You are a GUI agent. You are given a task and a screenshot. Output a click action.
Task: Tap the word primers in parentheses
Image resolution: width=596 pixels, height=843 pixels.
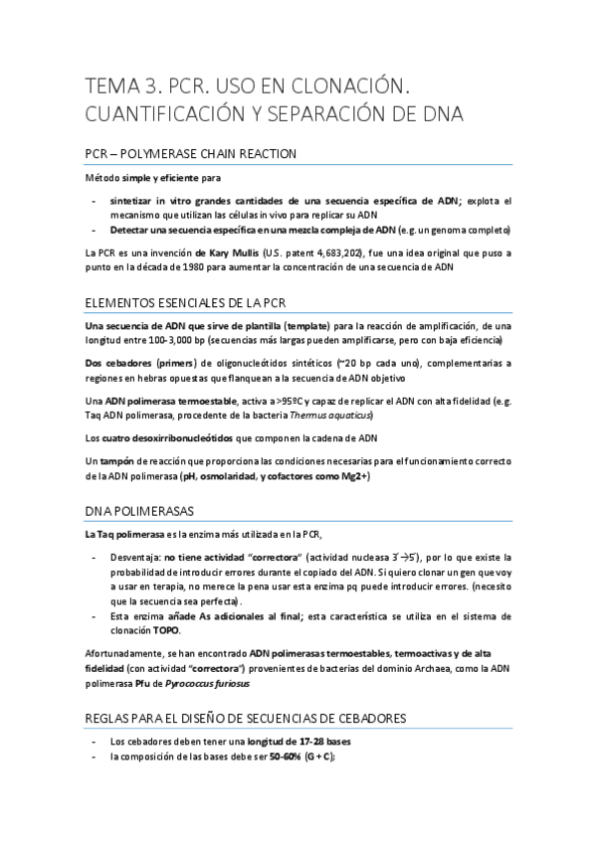click(173, 364)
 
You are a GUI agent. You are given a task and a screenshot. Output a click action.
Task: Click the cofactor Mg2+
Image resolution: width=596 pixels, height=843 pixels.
click(351, 476)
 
